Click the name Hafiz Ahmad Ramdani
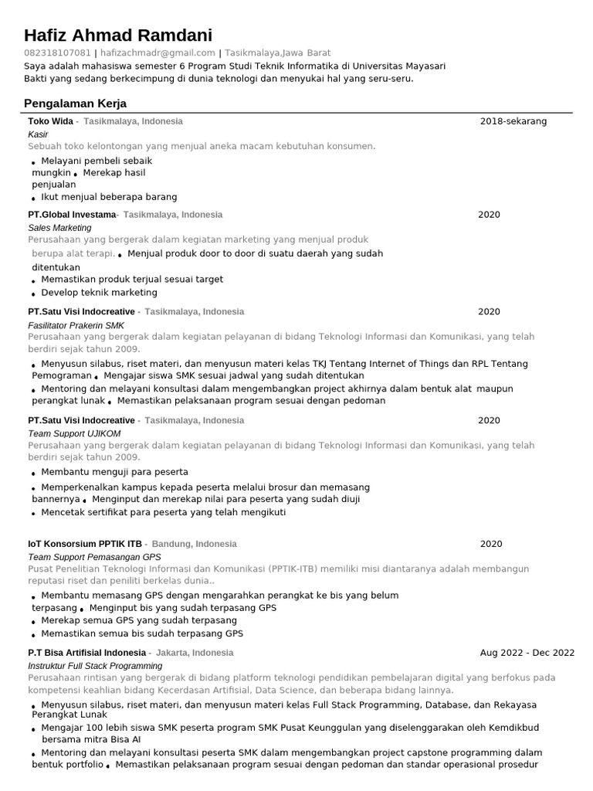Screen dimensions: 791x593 (x=118, y=36)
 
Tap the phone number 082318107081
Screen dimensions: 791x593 (x=57, y=53)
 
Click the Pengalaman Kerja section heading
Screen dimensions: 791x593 (x=75, y=104)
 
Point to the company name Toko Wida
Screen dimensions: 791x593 (x=50, y=121)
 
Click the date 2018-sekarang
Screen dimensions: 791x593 (x=513, y=121)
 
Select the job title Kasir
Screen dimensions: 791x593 (x=38, y=134)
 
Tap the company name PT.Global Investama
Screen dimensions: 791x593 (x=72, y=215)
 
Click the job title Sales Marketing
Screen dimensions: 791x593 (x=59, y=228)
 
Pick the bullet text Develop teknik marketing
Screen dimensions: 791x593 (x=99, y=293)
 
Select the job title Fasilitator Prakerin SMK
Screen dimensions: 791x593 (x=76, y=325)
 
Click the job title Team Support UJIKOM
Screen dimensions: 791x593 (x=74, y=433)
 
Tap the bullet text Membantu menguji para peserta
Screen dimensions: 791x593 (x=114, y=472)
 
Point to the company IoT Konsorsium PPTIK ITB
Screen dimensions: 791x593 (x=85, y=544)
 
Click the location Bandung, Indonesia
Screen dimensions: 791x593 (x=195, y=544)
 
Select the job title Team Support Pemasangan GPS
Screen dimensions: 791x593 (x=94, y=557)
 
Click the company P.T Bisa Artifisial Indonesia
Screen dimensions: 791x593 (x=86, y=653)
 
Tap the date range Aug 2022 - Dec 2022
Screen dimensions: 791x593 (x=527, y=653)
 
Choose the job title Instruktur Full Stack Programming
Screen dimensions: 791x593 (x=95, y=666)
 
